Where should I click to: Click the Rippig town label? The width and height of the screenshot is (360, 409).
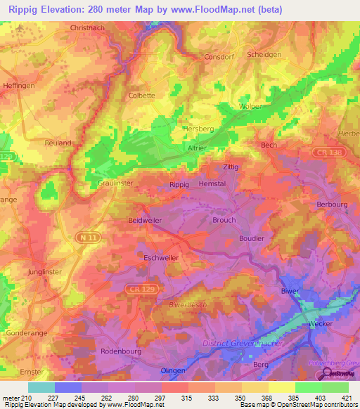pyautogui.click(x=180, y=184)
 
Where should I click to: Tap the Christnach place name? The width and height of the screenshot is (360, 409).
pyautogui.click(x=88, y=28)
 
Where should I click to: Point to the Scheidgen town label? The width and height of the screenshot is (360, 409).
pyautogui.click(x=264, y=54)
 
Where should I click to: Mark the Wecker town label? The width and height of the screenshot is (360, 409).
pyautogui.click(x=320, y=323)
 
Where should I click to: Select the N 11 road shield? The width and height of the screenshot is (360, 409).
pyautogui.click(x=86, y=240)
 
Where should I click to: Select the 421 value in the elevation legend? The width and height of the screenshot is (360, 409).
pyautogui.click(x=335, y=397)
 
